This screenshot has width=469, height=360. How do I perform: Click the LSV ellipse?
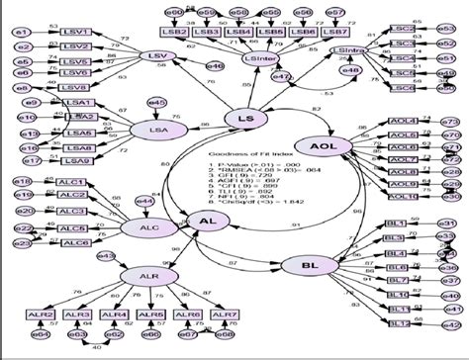153,57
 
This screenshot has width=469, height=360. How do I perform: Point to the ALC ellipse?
141,227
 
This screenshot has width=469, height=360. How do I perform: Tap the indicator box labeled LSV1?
76,33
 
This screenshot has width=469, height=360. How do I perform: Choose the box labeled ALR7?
225,315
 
